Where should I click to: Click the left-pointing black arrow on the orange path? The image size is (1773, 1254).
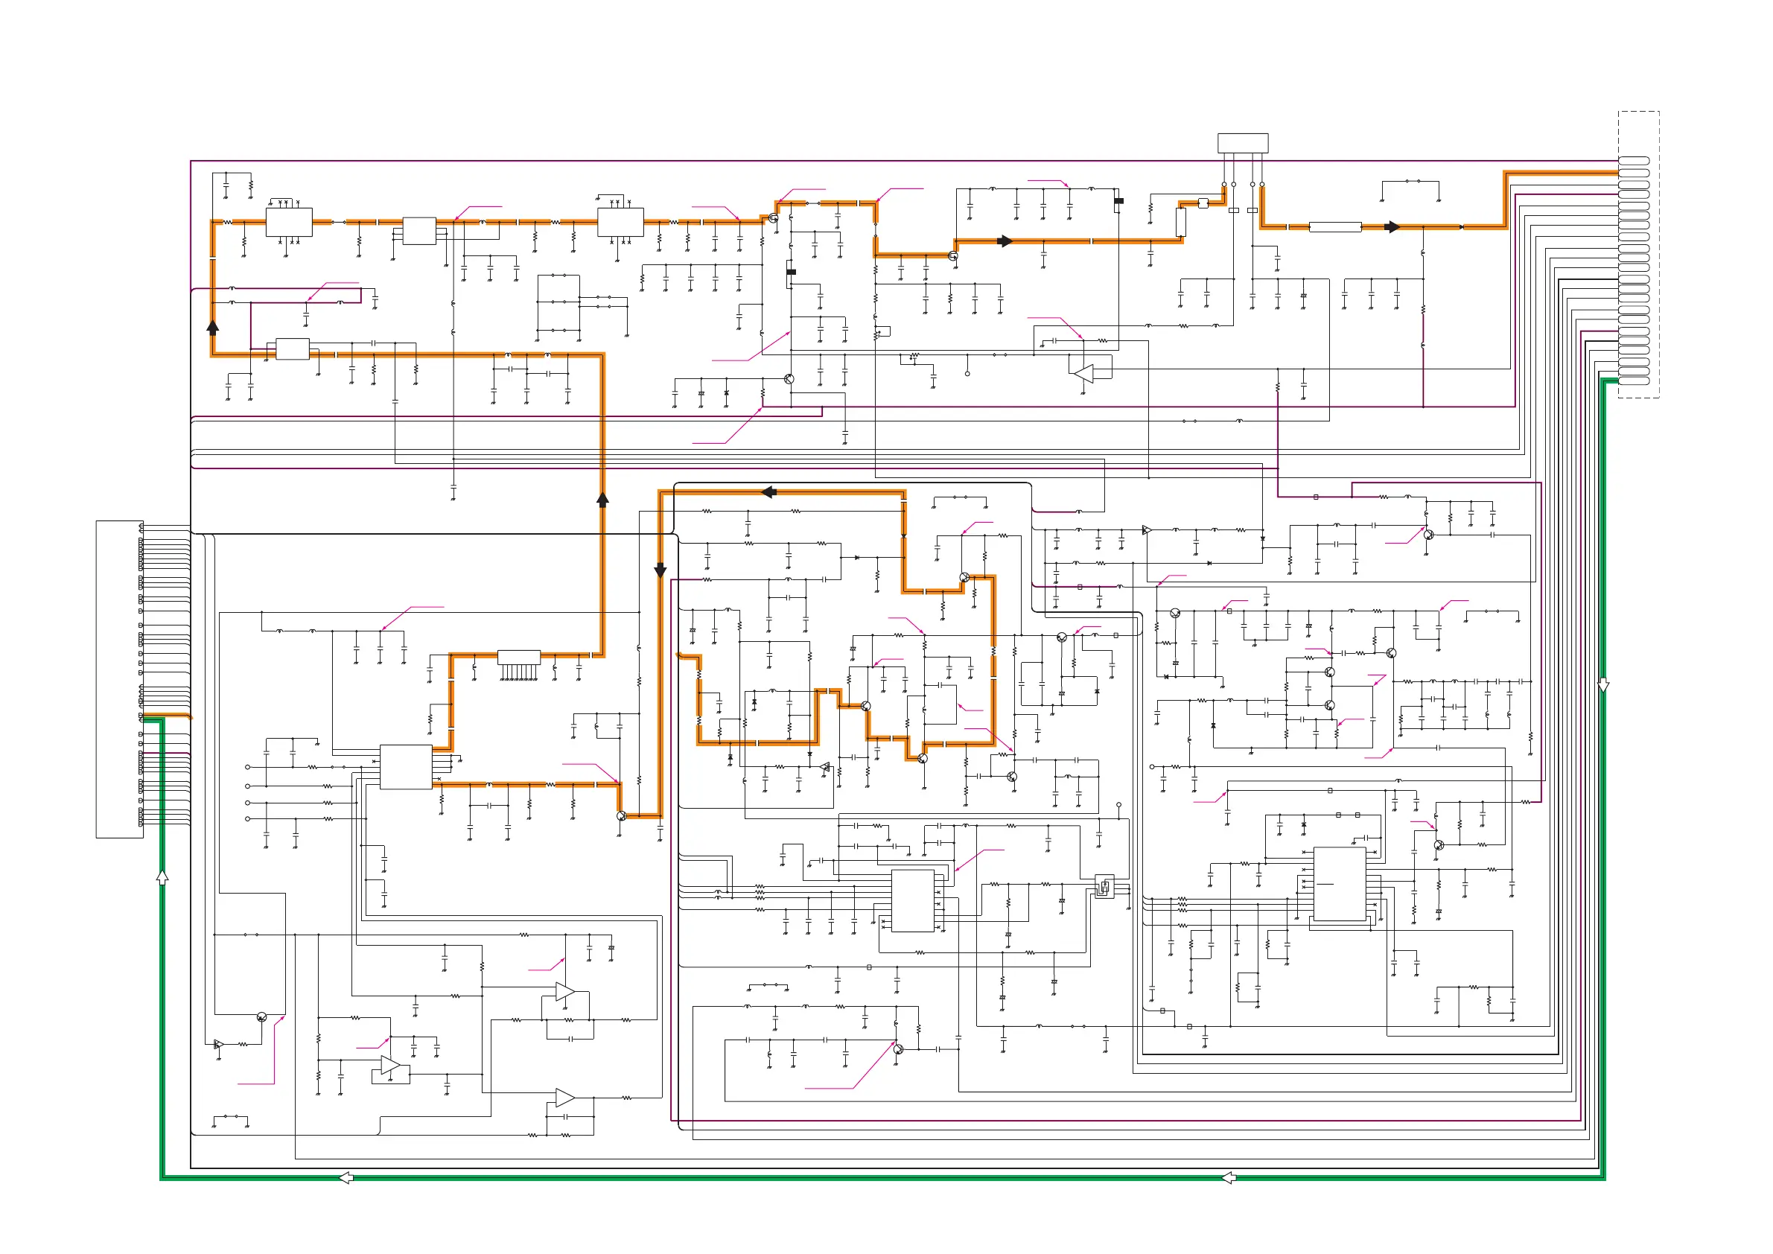coord(768,492)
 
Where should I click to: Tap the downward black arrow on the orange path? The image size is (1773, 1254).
coord(661,570)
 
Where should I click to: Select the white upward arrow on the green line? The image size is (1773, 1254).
coord(162,876)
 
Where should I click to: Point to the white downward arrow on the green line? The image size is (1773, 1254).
coord(1603,685)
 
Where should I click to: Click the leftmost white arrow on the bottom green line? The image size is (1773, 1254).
coord(346,1177)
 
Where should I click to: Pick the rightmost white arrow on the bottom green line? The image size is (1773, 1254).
coord(1229,1177)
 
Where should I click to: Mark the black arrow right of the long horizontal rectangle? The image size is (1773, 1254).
coord(1392,227)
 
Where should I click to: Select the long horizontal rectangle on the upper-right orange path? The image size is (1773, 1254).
coord(1335,227)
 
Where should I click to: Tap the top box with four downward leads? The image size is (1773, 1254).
coord(1243,143)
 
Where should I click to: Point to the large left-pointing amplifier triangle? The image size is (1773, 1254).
coord(1084,374)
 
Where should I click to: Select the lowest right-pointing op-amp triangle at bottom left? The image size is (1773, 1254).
coord(564,1098)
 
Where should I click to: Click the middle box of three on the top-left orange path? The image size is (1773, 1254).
coord(419,231)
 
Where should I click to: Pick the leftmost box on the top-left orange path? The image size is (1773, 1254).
coord(289,223)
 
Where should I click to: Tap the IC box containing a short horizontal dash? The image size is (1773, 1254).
coord(1339,883)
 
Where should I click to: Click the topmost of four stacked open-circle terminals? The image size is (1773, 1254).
coord(247,767)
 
